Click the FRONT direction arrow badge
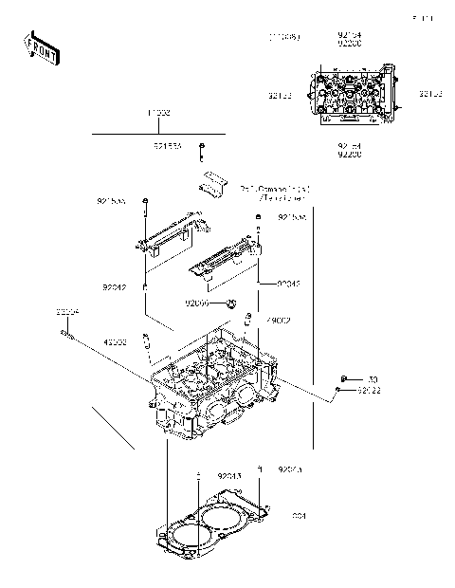tap(40, 46)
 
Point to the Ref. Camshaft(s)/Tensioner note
tap(274, 193)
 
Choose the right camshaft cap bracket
tap(226, 260)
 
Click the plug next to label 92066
tap(229, 304)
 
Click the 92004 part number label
tap(66, 312)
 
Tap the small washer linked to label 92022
tap(339, 390)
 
